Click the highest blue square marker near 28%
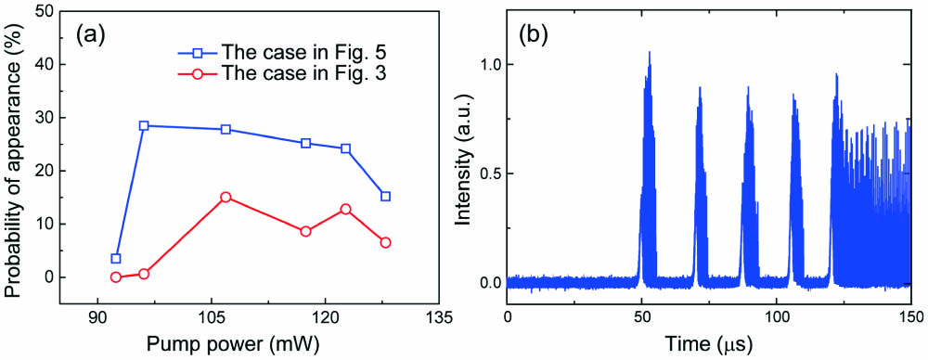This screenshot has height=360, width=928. [x=144, y=125]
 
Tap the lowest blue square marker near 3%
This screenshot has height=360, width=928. [x=116, y=259]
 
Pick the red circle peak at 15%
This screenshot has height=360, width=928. [x=226, y=197]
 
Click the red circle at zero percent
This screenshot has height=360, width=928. [x=116, y=276]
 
